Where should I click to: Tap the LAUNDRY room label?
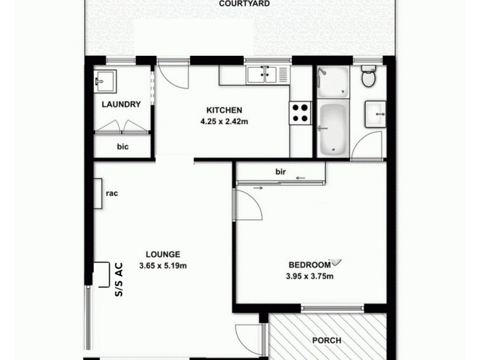pos(121,104)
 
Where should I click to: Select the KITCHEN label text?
pos(224,110)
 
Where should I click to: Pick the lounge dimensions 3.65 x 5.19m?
pos(163,265)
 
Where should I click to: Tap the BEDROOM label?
pos(310,265)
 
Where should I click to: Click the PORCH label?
pos(327,341)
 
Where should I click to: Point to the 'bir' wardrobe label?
pos(280,172)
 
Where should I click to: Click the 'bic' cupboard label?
pos(123,146)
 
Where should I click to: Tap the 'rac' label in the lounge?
pos(111,193)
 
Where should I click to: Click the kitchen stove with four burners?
pos(301,112)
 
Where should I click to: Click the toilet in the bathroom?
pos(368,77)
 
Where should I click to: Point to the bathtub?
pos(332,128)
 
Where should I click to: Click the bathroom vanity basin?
pos(376,113)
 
